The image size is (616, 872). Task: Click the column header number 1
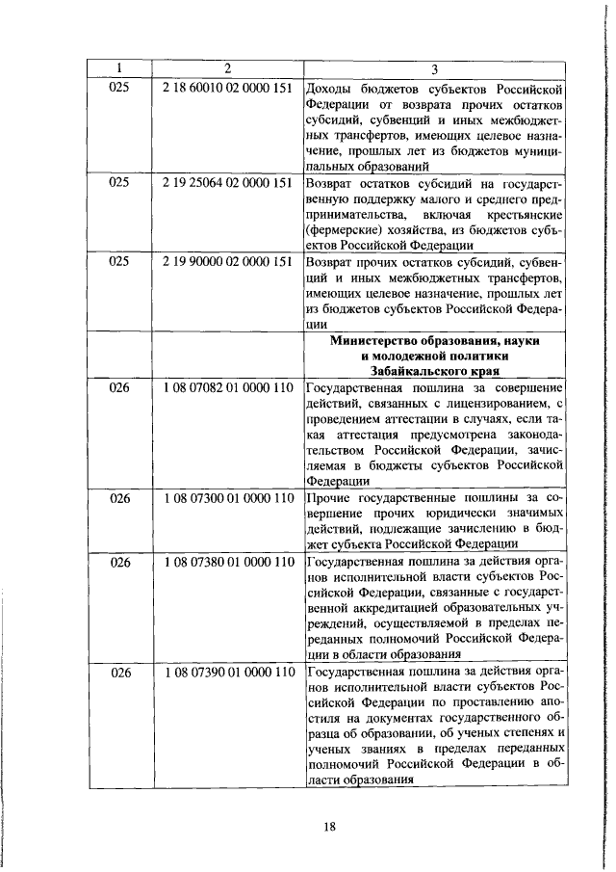119,68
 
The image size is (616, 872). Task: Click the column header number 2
228,68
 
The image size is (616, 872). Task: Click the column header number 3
434,68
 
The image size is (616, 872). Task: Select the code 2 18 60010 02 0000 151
228,87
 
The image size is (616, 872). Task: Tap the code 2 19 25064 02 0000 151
228,181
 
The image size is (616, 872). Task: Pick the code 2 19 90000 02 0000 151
228,261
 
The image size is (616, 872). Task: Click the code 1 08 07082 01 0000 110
228,388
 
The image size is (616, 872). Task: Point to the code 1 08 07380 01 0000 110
228,562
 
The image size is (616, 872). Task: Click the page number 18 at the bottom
329,827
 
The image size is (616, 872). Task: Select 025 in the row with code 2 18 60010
119,87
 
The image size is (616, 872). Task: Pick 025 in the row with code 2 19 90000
119,261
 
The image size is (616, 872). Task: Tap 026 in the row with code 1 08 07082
119,388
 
